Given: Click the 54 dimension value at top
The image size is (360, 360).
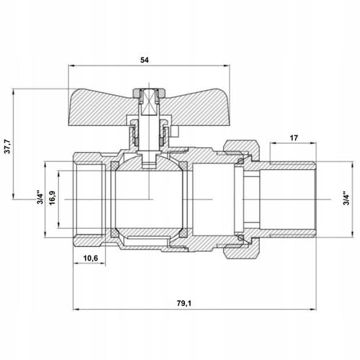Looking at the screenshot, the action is pos(144,60).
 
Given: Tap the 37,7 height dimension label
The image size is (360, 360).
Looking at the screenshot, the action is pos(8,146).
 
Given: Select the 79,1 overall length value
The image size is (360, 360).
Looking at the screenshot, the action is pos(184,303).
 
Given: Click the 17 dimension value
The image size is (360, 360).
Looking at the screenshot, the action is pos(294,138).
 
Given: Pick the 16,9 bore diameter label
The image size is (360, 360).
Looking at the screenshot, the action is pos(52,197).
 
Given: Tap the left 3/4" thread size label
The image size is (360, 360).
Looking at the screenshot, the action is pos(40,197).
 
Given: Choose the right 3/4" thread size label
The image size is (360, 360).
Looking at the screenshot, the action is pos(346,199).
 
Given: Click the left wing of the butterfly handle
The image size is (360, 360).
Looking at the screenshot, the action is pos(101,107).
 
